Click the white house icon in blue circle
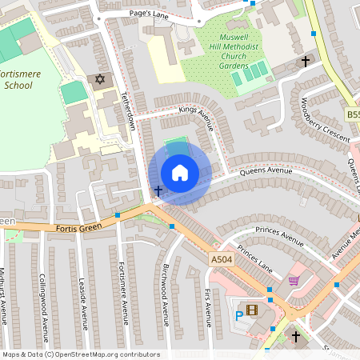click(x=180, y=172)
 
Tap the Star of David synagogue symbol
click(x=100, y=80)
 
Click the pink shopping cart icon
click(x=294, y=281)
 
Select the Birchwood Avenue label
click(x=166, y=292)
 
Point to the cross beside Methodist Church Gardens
click(x=305, y=61)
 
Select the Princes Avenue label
click(x=277, y=234)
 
